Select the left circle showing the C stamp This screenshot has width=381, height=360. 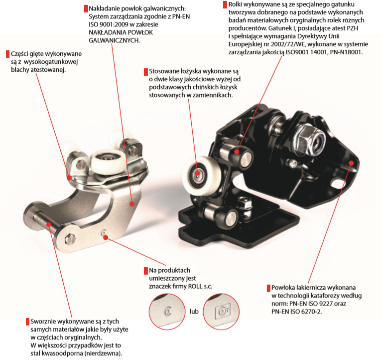pos(167,312)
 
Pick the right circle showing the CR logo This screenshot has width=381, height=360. pos(221,312)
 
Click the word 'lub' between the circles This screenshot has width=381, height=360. pos(194,312)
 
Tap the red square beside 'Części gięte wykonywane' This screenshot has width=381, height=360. pos(7,54)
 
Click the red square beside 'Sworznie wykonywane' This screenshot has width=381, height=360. pos(28,322)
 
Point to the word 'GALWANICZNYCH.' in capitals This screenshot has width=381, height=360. pos(114,40)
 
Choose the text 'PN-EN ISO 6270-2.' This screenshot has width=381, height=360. pos(297,312)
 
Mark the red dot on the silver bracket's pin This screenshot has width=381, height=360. pos(49,224)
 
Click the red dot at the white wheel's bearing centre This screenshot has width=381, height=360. pos(198,174)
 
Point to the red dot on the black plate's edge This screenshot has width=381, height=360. pos(351,163)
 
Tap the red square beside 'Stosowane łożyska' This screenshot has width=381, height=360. pos(146,72)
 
